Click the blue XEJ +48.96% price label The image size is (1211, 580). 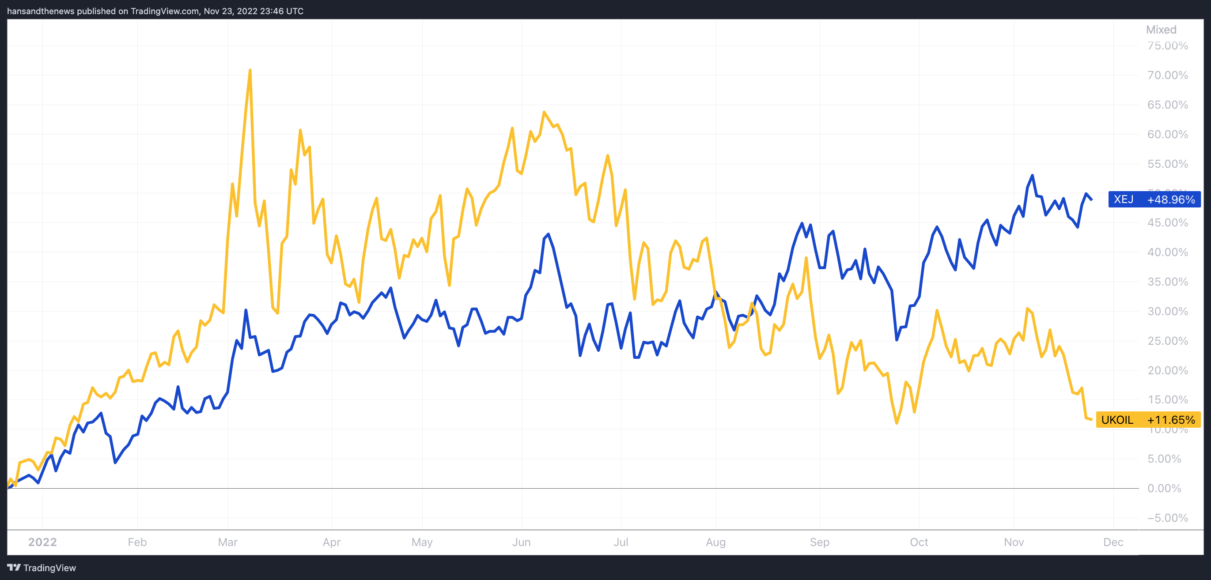1154,199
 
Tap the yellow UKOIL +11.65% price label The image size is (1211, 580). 1147,420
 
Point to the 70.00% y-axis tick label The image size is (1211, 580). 1167,75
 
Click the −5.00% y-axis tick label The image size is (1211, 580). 1167,518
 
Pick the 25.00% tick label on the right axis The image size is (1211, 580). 1167,341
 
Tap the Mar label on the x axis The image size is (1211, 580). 227,542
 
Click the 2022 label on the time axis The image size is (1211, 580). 42,542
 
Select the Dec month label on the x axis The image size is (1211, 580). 1113,542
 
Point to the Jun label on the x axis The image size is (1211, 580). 521,542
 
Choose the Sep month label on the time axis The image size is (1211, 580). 819,542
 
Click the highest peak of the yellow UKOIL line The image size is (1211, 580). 250,71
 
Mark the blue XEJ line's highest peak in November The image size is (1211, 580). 1033,176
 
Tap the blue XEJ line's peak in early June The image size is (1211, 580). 548,234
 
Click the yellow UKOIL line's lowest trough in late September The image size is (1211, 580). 897,423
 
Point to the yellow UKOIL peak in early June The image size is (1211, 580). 544,112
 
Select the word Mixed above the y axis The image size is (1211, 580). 1161,30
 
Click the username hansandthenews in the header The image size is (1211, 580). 41,11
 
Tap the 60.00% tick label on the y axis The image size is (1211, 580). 1167,135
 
